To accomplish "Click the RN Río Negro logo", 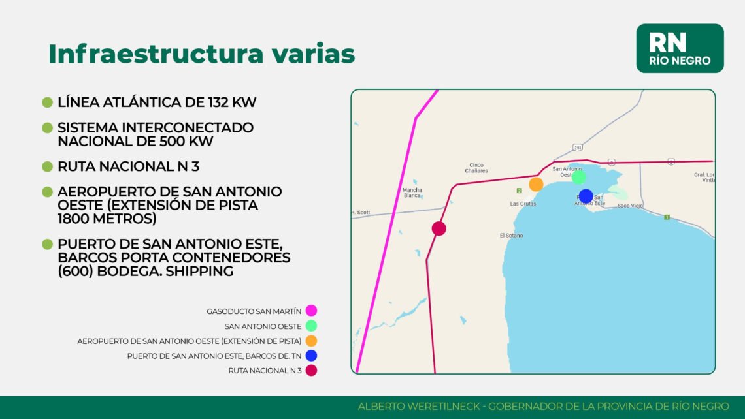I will click(x=680, y=48).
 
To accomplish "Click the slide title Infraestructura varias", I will click(x=201, y=54).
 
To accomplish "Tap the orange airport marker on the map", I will click(x=536, y=185).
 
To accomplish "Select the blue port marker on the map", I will click(x=586, y=196).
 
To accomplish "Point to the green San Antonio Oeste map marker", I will click(x=578, y=177).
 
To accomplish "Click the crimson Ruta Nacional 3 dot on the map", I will click(x=439, y=228).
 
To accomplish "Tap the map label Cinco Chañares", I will click(x=476, y=168).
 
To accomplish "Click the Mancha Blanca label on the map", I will click(x=412, y=193).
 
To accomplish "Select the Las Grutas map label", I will click(x=523, y=204).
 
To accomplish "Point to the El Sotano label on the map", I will click(x=511, y=235).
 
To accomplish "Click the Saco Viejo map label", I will click(x=630, y=206).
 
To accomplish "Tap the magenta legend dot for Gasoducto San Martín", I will click(x=311, y=311).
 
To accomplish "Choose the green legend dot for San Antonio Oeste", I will click(x=311, y=326).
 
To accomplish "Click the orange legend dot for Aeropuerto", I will click(x=311, y=341).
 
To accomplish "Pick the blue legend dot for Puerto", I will click(x=311, y=356).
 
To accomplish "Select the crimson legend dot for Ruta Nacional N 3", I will click(x=311, y=371).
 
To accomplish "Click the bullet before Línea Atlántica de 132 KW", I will click(x=47, y=102).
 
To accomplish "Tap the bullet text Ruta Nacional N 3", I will click(x=128, y=166).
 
